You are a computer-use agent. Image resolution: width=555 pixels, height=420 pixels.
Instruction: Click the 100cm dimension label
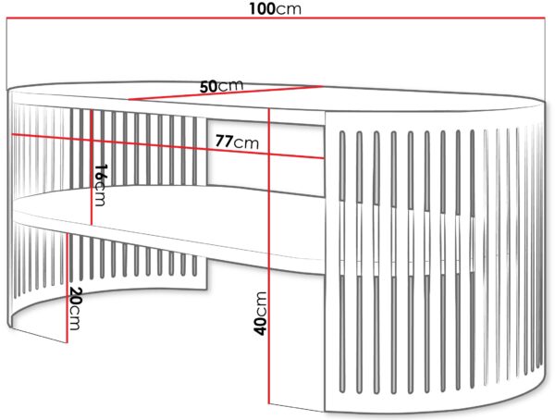coord(275,8)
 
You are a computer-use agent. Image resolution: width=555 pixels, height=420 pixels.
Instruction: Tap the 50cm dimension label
coord(222,86)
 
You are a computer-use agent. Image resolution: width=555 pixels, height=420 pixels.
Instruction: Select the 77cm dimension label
coord(237,142)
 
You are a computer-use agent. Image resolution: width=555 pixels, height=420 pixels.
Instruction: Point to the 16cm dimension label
coord(100,185)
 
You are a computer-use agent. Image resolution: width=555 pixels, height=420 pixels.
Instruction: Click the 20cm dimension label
coord(75,308)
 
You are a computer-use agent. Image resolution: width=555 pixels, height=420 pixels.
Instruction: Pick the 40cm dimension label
coord(260,313)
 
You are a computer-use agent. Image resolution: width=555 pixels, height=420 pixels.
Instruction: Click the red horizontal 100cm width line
coord(276,18)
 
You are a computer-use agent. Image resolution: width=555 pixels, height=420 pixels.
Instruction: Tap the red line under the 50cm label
coord(226,93)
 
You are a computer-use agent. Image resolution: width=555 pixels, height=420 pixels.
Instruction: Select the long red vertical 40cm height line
coord(269,255)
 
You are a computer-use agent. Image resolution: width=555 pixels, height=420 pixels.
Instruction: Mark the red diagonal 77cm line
coord(167,146)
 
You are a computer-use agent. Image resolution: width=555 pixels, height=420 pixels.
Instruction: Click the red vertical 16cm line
coord(92,167)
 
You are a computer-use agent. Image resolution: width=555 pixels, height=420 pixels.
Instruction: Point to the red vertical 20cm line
coord(68,289)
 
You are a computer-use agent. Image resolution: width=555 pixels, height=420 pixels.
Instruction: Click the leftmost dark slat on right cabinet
coord(342,262)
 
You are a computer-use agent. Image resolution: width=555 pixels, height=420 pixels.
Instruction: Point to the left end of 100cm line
coord(7,18)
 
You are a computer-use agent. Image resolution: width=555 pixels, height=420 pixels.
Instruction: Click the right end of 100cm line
coord(545,18)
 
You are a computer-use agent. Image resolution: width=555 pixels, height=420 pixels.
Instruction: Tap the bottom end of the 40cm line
coord(269,403)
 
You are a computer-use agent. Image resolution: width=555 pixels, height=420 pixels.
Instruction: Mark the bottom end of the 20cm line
coord(68,343)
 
